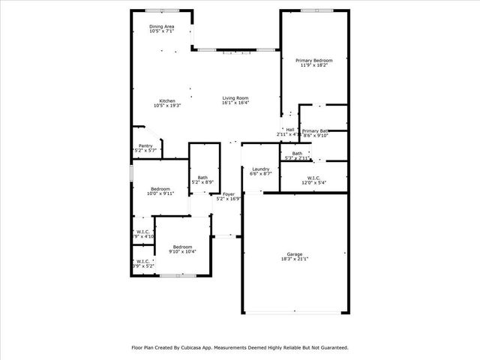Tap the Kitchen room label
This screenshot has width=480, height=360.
click(166, 101)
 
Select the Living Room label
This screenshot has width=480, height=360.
click(235, 98)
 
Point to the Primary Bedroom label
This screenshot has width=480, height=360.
click(313, 60)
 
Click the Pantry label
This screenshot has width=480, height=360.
click(145, 146)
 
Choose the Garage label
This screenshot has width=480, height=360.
click(294, 253)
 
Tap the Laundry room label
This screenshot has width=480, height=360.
click(260, 169)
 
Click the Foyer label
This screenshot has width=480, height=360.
click(228, 194)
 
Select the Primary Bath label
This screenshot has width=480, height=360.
click(316, 130)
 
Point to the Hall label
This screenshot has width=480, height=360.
click(289, 130)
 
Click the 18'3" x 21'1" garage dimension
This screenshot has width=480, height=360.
click(294, 259)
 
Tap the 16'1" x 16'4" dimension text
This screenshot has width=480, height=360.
click(235, 103)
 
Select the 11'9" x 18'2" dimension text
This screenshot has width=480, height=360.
click(313, 65)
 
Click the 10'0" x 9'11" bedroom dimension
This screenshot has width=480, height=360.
click(161, 193)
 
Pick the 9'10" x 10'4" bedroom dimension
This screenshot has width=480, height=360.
click(183, 252)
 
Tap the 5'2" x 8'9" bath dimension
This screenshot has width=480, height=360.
click(202, 182)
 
